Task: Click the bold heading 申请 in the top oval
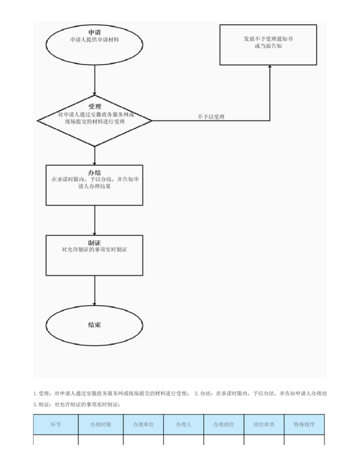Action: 94,32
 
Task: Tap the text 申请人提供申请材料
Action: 94,40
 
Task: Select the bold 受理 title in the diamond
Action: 94,107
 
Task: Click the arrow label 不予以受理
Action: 211,117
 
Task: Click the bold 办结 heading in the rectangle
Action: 94,173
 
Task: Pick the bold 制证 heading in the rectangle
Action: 94,243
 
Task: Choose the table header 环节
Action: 56,425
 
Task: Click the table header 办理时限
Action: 100,425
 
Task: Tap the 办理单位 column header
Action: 143,425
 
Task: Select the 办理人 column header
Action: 184,425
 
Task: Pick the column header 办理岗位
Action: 224,425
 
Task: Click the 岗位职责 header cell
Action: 264,425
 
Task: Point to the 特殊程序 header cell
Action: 304,425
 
